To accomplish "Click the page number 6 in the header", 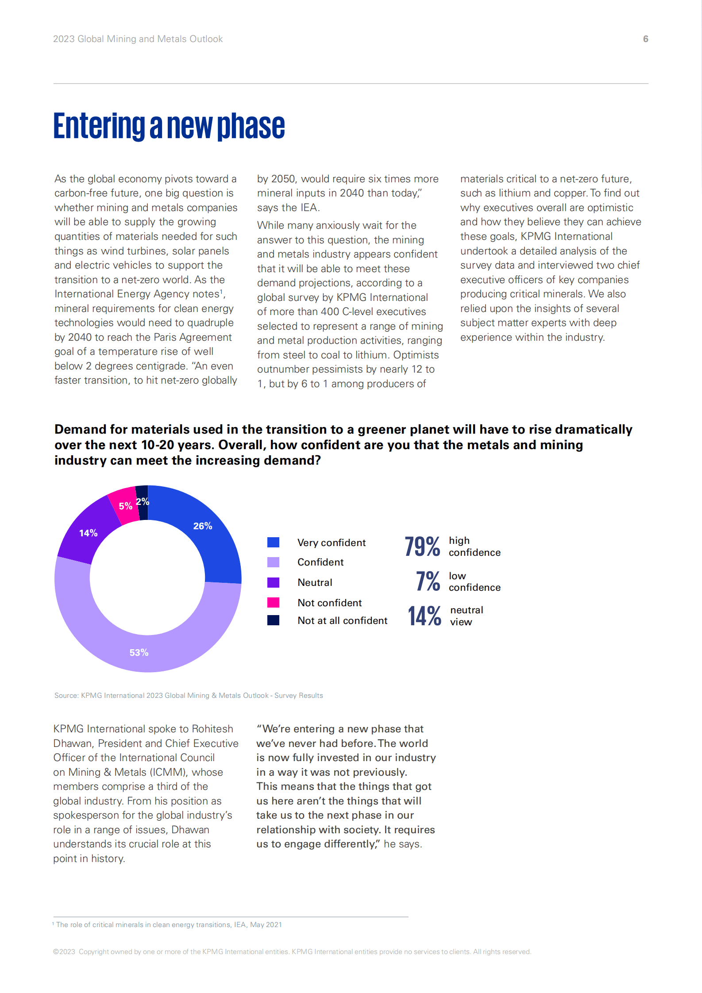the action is tap(645, 39).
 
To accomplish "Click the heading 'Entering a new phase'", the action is tap(169, 126).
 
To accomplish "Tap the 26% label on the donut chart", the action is tap(203, 526).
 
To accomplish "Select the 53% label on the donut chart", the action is tap(139, 652).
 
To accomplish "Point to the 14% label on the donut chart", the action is tap(89, 533).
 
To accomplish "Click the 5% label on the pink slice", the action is tap(126, 506).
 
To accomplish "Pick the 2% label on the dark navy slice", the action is tap(143, 501).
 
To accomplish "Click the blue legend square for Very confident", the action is tap(274, 542).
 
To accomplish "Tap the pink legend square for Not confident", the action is tap(274, 602).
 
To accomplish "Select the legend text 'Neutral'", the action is tap(315, 582).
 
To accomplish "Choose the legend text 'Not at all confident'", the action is tap(343, 620).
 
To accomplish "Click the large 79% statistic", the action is tap(422, 546).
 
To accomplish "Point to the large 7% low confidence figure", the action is tap(428, 581).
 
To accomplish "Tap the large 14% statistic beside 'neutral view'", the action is tap(424, 616).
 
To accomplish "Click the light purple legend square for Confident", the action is tap(274, 562).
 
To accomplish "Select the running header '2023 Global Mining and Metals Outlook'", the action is tap(138, 39).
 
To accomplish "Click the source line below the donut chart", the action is tap(189, 695).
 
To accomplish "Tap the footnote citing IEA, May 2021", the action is tap(167, 924).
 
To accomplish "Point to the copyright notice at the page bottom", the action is tap(292, 951).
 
